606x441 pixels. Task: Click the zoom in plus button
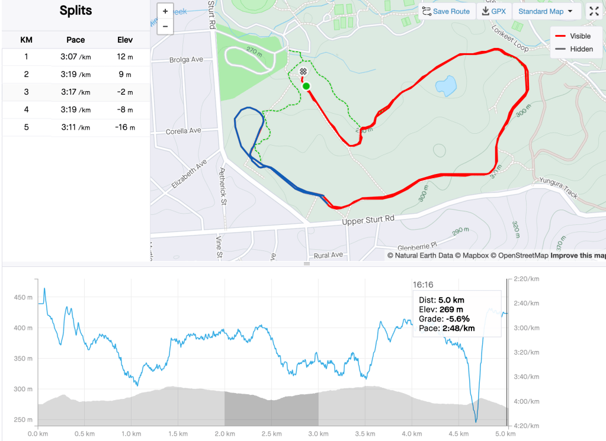(165, 11)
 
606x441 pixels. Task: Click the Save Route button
(447, 11)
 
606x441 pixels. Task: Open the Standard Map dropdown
(545, 11)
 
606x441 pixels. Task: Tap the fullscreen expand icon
(594, 11)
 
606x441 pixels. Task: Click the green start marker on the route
(306, 86)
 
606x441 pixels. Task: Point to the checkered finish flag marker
(303, 72)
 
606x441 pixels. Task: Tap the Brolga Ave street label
(186, 60)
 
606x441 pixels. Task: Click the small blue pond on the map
(446, 86)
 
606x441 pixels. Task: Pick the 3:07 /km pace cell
(76, 57)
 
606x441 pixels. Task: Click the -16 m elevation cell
(125, 128)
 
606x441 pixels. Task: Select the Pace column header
(76, 40)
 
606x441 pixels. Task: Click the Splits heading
(76, 11)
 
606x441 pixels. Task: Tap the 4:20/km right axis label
(527, 426)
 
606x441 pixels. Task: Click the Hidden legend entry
(581, 49)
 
